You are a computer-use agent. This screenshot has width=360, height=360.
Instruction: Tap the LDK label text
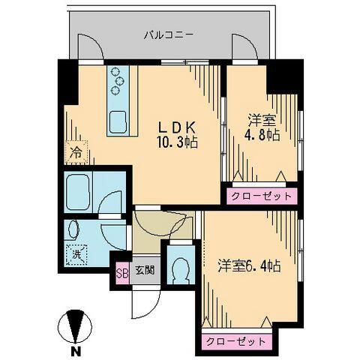(178, 126)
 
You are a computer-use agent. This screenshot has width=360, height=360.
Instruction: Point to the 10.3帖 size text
(178, 141)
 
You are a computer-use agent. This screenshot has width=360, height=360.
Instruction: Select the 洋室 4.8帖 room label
(262, 127)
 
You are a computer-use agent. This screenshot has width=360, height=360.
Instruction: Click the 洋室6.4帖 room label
(249, 265)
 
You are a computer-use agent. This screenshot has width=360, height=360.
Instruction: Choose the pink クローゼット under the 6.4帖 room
(236, 341)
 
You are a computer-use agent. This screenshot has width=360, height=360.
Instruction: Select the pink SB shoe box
(122, 271)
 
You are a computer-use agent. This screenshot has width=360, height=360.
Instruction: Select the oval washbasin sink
(74, 229)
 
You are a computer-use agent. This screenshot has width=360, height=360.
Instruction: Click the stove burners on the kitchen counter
(118, 82)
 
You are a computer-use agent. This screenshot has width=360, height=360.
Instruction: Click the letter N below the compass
(76, 350)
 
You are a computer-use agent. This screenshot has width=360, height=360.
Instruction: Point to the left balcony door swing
(91, 49)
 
